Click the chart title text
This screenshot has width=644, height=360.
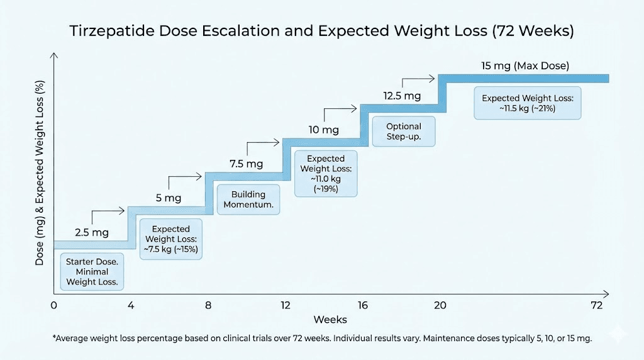click(322, 32)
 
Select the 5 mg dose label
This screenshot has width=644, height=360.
click(169, 198)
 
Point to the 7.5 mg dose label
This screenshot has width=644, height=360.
click(246, 164)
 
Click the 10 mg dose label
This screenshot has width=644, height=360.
click(324, 130)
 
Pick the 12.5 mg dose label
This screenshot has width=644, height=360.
click(402, 96)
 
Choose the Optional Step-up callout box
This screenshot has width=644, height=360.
click(404, 132)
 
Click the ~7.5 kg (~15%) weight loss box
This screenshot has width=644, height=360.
click(172, 239)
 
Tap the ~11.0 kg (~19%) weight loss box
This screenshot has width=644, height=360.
click(326, 173)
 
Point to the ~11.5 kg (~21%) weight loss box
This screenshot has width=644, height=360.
click(528, 103)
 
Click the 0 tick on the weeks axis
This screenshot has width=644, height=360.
click(54, 306)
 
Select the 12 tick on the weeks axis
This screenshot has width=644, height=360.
click(286, 306)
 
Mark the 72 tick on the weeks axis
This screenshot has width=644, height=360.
click(597, 306)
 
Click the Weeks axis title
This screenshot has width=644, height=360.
click(330, 320)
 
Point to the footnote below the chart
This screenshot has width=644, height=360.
click(322, 339)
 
